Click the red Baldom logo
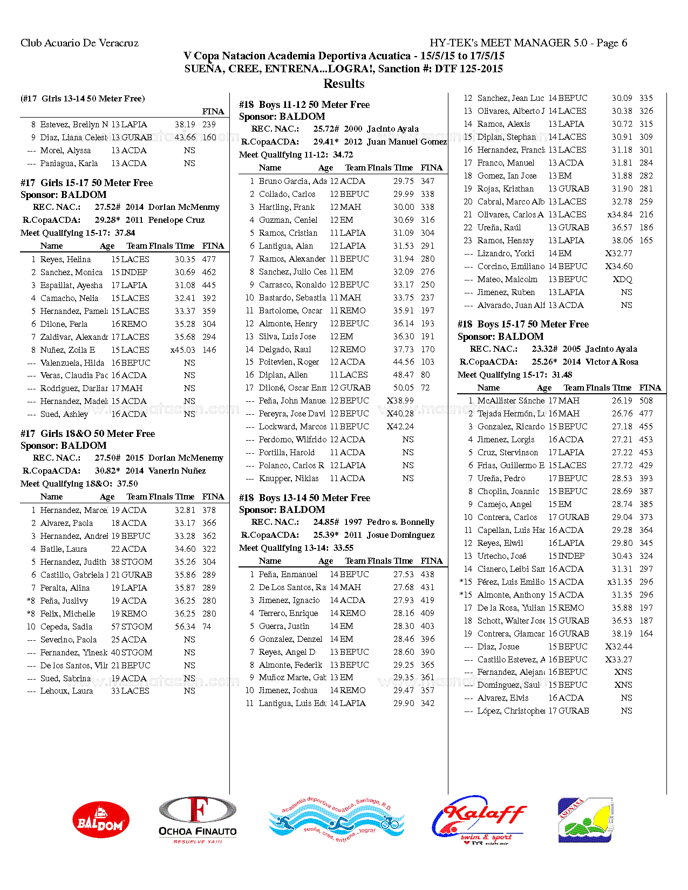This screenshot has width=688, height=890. tap(101, 820)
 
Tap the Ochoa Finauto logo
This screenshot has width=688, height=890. tap(197, 820)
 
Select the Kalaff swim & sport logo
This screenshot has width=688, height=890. tap(479, 820)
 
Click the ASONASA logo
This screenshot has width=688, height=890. tap(585, 820)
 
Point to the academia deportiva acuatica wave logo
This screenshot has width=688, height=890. tap(337, 820)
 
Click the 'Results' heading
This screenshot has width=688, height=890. tap(344, 84)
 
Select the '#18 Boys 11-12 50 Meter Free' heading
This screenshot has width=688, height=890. tap(304, 105)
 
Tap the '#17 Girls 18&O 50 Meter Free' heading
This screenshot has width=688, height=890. tap(87, 434)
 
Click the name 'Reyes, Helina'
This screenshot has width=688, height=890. tap(65, 259)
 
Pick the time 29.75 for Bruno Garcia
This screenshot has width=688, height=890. tap(404, 181)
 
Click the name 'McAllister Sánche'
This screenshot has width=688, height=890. tap(510, 401)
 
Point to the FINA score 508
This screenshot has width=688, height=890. tap(646, 401)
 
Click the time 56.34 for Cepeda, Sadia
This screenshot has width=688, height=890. tap(185, 627)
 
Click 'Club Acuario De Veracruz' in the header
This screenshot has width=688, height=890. tap(79, 43)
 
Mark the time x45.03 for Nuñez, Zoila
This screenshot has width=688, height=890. tap(182, 350)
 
